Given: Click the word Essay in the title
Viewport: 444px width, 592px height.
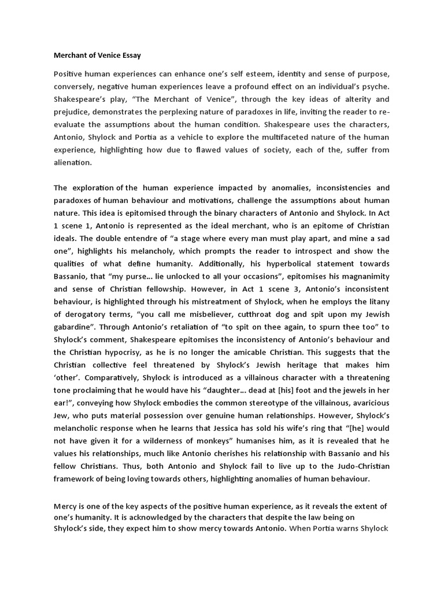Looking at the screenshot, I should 128,55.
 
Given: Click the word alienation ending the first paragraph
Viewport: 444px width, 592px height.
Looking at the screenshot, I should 72,162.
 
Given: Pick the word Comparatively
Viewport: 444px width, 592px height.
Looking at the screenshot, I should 116,375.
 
